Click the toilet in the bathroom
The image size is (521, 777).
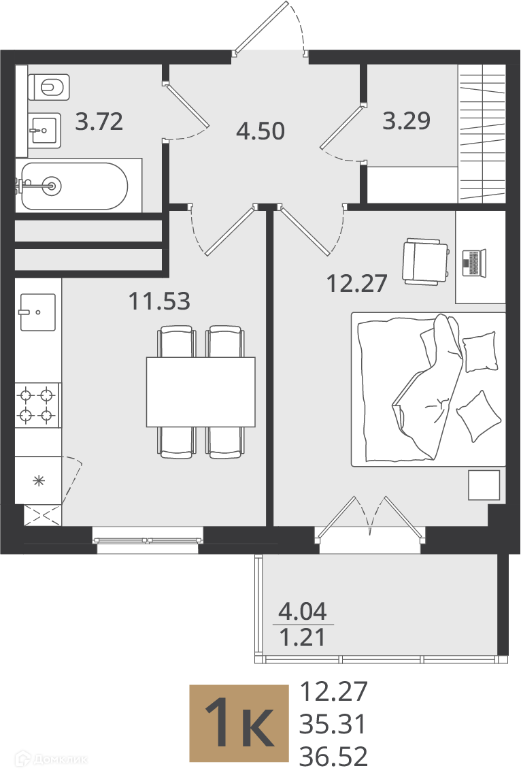(x=48, y=87)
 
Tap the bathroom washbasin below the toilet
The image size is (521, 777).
(x=45, y=131)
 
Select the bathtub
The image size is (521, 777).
(x=74, y=186)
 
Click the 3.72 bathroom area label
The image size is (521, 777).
(x=99, y=121)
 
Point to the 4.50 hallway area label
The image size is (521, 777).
(x=260, y=131)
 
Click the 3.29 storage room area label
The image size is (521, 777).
(x=407, y=120)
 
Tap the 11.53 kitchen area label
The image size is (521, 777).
(x=159, y=301)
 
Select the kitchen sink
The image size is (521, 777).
(x=37, y=312)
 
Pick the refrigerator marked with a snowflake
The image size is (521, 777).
(x=38, y=480)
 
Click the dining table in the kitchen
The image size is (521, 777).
(x=201, y=391)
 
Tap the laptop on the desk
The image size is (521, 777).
(x=475, y=263)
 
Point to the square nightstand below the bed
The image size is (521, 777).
(x=484, y=484)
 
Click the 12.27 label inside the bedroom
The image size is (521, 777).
(x=356, y=284)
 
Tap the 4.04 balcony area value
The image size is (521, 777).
(x=303, y=612)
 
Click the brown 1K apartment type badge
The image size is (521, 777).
(x=239, y=723)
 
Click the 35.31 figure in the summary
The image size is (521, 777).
(x=333, y=724)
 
